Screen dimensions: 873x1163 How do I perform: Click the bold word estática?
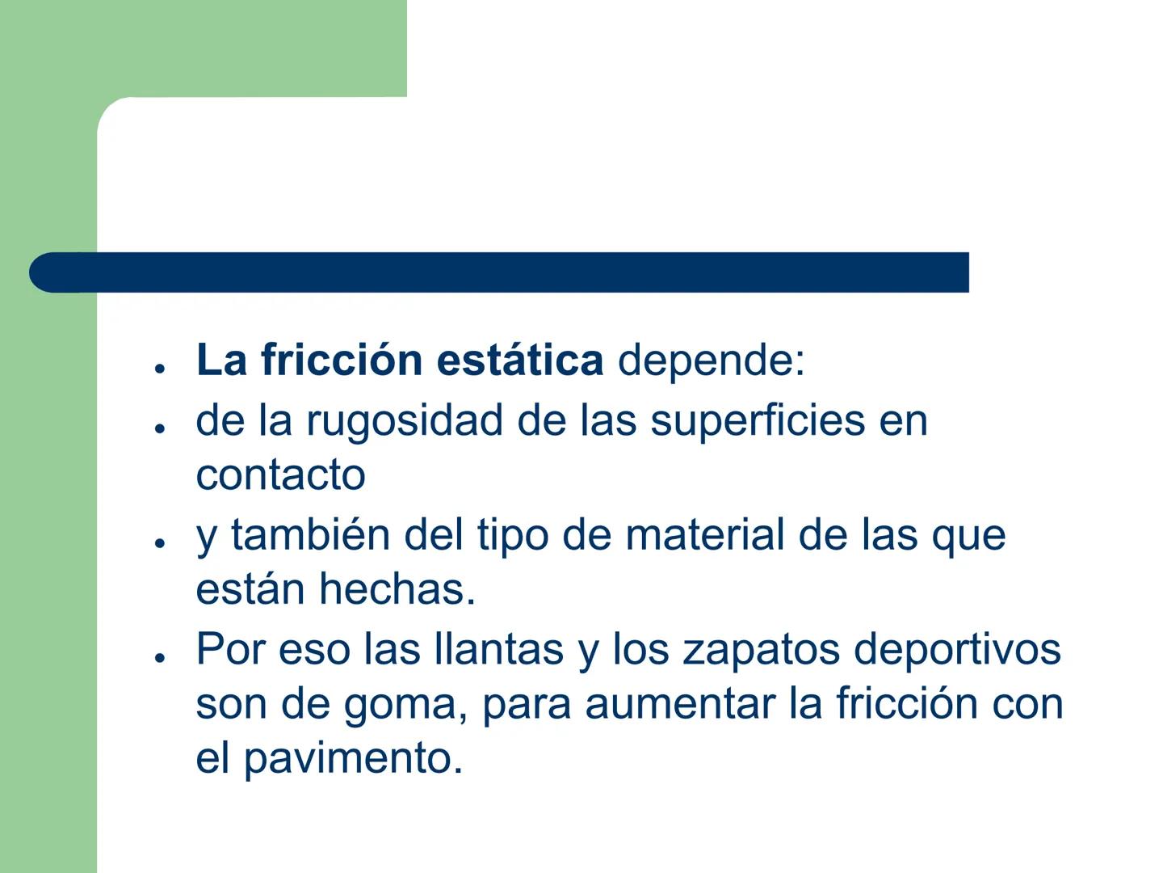(519, 360)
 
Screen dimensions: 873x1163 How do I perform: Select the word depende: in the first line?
(712, 361)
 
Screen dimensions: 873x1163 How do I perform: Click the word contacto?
(280, 474)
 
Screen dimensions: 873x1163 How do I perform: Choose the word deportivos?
(957, 650)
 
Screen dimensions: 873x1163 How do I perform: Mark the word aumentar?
(680, 704)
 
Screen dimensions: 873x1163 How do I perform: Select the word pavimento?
(353, 759)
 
